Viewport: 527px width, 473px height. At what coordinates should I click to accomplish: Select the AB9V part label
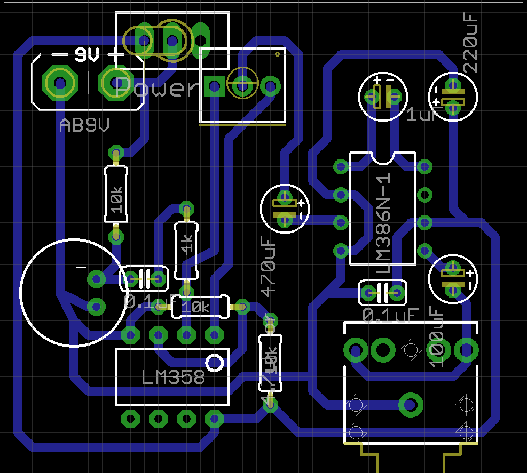click(85, 126)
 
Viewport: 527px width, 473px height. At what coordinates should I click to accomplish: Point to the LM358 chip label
click(174, 378)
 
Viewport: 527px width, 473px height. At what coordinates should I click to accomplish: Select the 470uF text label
click(269, 266)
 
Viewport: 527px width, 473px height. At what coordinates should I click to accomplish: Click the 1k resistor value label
click(187, 245)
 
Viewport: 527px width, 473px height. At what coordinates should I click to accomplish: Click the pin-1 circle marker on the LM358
click(215, 363)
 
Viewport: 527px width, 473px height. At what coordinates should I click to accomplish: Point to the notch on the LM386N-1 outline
click(383, 157)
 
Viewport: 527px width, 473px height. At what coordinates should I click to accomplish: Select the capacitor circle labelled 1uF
click(382, 97)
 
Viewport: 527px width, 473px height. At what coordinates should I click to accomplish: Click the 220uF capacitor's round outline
click(453, 97)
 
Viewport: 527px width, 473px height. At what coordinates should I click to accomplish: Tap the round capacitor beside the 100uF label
click(453, 278)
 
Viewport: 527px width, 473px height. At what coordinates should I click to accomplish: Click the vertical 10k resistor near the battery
click(116, 194)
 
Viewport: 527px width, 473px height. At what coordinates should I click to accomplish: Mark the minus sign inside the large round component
click(81, 267)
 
